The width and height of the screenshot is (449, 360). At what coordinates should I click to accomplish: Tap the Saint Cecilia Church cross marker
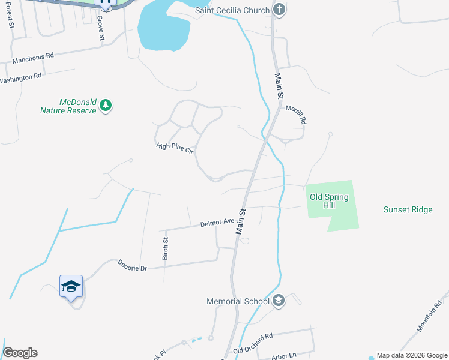tap(279, 9)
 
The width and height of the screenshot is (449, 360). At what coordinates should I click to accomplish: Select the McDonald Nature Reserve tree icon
tap(106, 106)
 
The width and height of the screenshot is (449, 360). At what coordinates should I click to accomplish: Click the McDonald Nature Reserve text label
tap(68, 106)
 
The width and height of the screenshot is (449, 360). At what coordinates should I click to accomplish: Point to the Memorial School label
tap(238, 301)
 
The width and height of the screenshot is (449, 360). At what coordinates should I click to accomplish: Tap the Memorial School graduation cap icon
tap(278, 300)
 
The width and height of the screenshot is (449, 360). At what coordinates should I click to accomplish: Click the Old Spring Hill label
tap(329, 201)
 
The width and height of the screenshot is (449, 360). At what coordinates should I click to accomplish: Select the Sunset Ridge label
tap(408, 209)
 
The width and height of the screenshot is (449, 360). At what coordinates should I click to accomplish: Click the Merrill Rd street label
tap(296, 115)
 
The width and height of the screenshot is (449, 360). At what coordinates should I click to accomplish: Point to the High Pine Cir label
tap(174, 147)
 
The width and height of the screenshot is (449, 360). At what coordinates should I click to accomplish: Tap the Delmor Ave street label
tap(217, 223)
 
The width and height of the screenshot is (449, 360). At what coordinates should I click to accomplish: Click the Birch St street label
tap(166, 248)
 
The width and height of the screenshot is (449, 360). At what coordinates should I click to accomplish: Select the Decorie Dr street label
tap(133, 265)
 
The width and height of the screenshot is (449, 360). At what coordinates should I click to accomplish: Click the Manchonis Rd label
tap(33, 57)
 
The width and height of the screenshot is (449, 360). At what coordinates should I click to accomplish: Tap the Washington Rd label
tap(20, 78)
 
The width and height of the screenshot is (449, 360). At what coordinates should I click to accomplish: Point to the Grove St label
tap(101, 29)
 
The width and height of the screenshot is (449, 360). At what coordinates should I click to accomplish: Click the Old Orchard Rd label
tap(253, 343)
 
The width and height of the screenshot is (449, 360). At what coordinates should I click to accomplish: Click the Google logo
tap(20, 353)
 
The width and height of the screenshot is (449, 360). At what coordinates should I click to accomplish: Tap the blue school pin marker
tap(71, 286)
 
